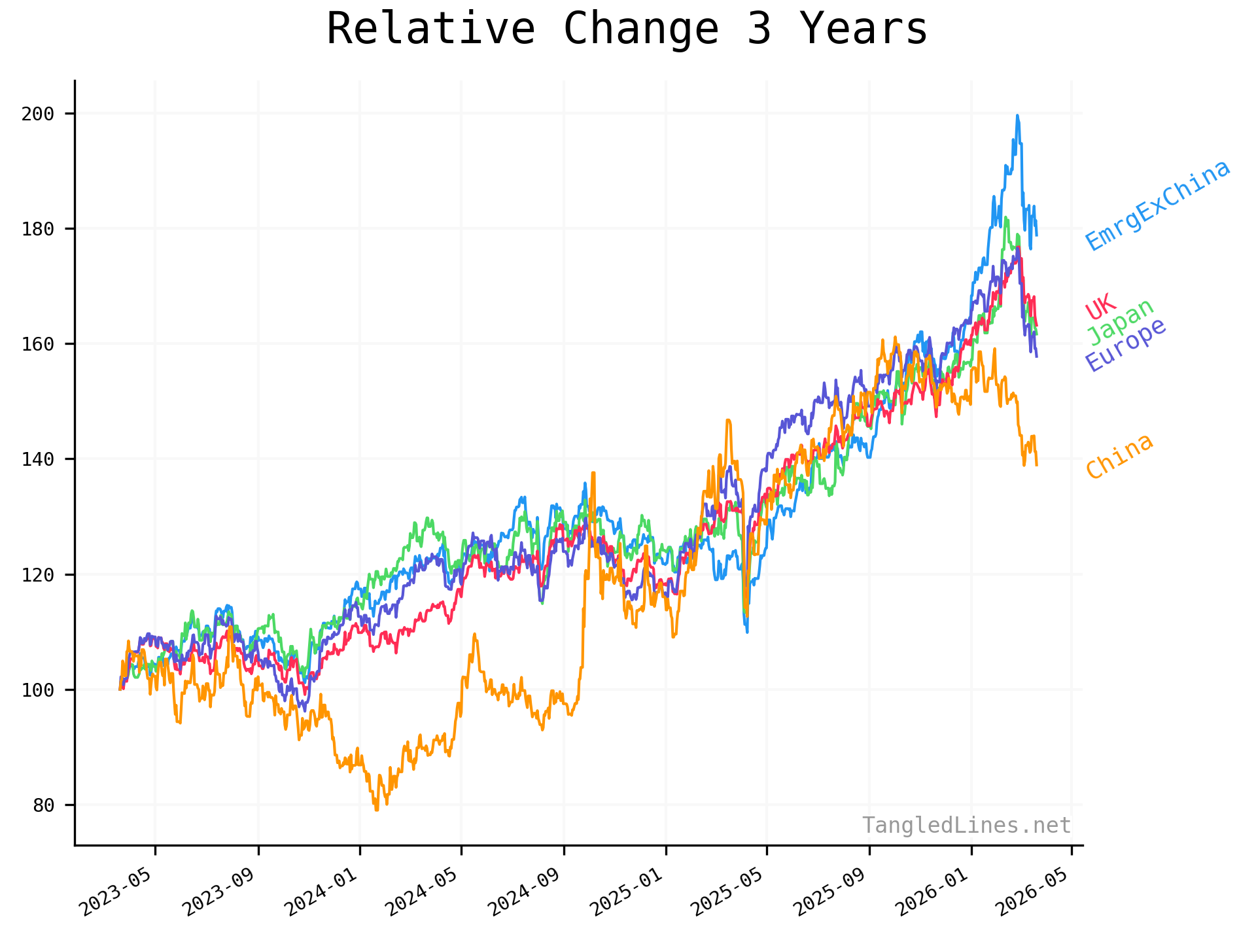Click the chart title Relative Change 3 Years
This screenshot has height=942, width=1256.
(x=627, y=29)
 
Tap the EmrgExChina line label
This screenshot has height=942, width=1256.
(x=1158, y=205)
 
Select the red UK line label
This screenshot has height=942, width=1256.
(x=1100, y=306)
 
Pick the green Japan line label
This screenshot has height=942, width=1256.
(x=1121, y=321)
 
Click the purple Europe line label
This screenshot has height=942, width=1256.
(x=1125, y=344)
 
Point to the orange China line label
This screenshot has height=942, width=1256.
(x=1119, y=456)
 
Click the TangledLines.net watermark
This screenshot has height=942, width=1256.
(x=966, y=826)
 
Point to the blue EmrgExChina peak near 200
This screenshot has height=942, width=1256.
(x=1017, y=116)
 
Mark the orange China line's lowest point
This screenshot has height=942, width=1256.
(x=376, y=810)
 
